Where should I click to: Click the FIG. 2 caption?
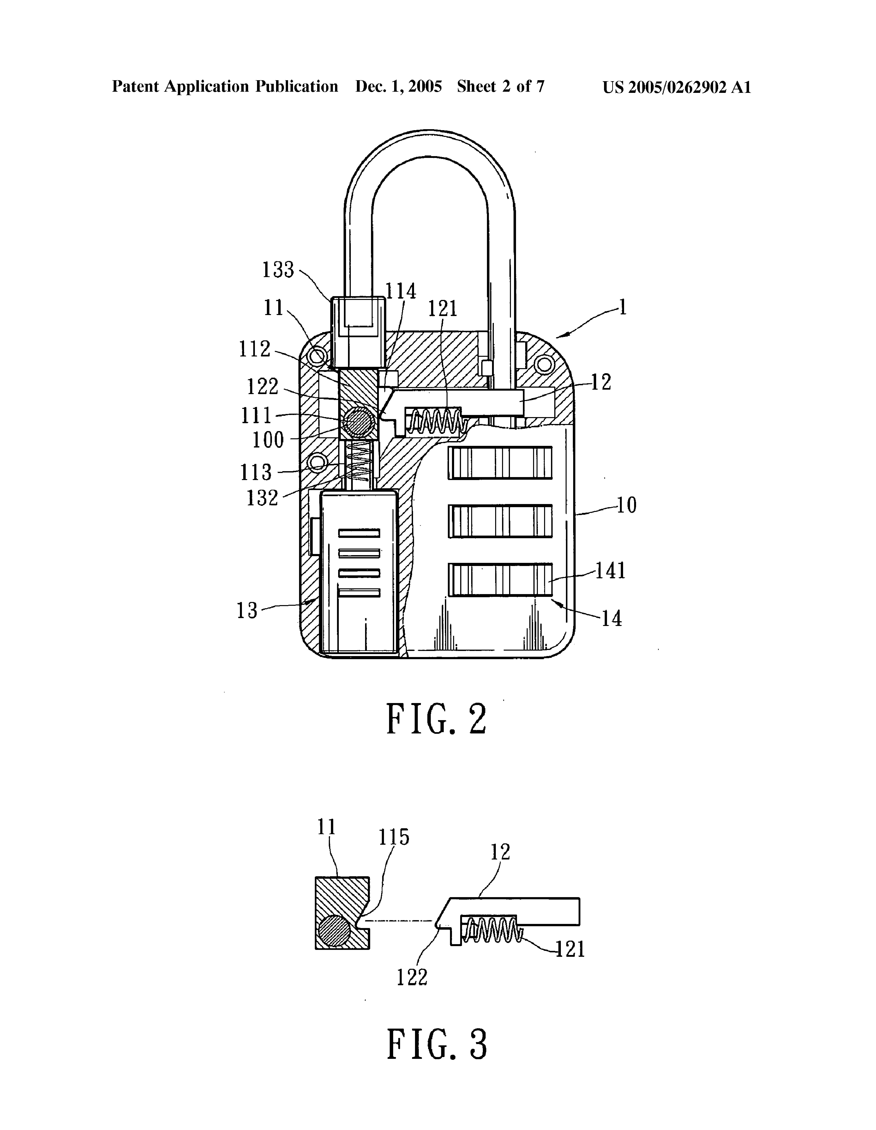437,719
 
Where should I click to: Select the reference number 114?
401,291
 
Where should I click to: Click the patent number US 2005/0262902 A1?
676,87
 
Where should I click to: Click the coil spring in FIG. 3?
491,929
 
